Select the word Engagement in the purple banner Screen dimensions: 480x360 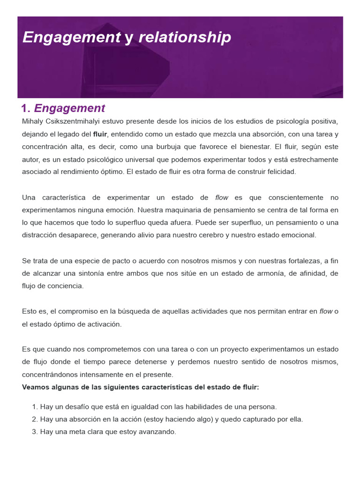pyautogui.click(x=71, y=37)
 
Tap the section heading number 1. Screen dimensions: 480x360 pyautogui.click(x=26, y=108)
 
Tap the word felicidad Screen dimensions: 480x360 pyautogui.click(x=281, y=172)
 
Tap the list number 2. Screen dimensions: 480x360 pyautogui.click(x=35, y=419)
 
